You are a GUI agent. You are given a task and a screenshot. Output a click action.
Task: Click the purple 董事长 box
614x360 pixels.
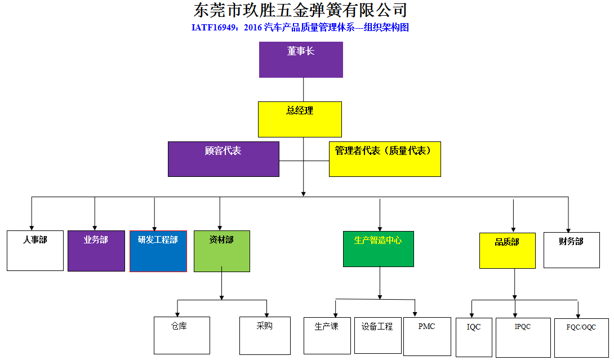(x=301, y=60)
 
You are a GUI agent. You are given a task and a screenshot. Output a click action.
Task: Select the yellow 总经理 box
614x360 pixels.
(x=300, y=119)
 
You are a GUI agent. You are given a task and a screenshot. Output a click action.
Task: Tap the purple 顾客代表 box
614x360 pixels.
(x=223, y=159)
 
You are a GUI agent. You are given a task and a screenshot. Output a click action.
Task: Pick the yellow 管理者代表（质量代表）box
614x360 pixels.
(x=385, y=159)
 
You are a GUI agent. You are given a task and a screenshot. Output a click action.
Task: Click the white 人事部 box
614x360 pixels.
(x=35, y=250)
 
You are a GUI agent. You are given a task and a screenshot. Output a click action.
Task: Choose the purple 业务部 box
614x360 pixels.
(x=96, y=251)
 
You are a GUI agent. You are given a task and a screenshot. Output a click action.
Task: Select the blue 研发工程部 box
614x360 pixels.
(x=158, y=251)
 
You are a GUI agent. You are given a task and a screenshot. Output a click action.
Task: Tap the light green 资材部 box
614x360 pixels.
(x=221, y=251)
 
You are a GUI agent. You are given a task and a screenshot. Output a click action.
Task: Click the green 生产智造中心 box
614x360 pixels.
(x=379, y=248)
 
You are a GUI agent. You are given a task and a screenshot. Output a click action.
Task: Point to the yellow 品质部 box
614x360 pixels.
(x=507, y=250)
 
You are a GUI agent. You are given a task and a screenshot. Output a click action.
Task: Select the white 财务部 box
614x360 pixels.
(x=571, y=250)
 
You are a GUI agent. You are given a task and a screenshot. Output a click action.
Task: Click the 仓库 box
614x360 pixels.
(x=181, y=335)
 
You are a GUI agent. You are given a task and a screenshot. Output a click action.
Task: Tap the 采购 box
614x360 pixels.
(x=265, y=335)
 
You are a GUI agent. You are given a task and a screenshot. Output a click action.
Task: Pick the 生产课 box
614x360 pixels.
(x=327, y=335)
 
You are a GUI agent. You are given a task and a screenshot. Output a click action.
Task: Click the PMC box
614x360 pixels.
(x=427, y=336)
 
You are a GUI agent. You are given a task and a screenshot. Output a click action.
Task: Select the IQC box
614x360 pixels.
(x=474, y=337)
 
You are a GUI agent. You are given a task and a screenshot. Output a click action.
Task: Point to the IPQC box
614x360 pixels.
(x=523, y=337)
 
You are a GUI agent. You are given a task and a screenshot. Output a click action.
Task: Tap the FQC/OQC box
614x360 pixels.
(x=581, y=337)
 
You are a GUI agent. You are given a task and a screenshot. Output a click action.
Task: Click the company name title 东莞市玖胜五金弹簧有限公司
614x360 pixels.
(x=300, y=10)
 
